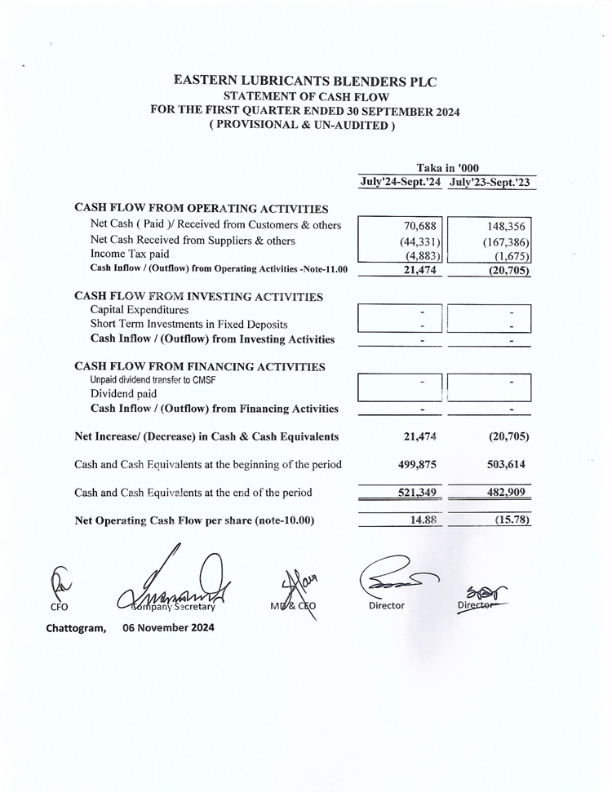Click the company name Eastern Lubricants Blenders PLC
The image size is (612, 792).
[306, 82]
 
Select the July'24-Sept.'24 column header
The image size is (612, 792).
[401, 183]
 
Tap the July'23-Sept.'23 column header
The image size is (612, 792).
[490, 183]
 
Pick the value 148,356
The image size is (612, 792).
[506, 226]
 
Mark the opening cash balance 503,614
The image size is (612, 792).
[506, 464]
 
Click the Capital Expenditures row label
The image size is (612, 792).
[140, 310]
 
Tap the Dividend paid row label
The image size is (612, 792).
[123, 394]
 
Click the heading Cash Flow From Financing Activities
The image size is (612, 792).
[200, 367]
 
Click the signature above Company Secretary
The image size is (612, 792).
[175, 583]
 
